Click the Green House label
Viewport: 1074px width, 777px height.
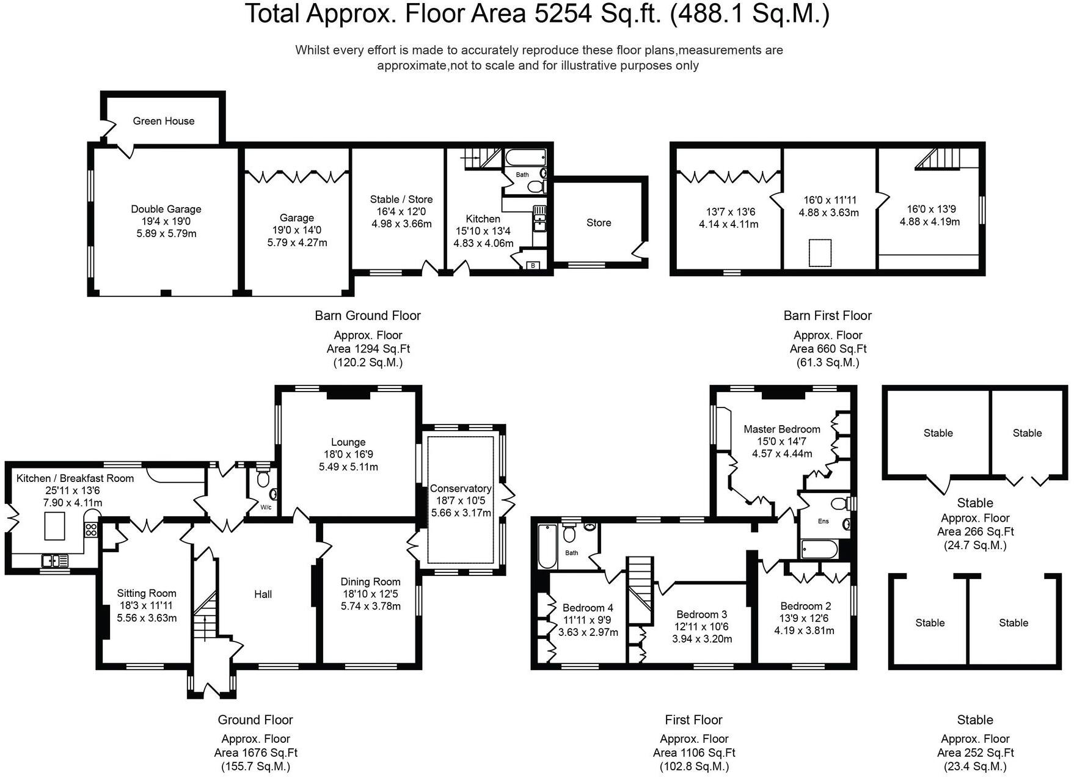pos(164,121)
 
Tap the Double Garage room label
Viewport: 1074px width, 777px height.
pos(166,209)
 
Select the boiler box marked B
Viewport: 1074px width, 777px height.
pos(533,266)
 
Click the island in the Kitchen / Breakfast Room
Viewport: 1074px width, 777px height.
pos(55,526)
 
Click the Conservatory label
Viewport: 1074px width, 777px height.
pos(461,489)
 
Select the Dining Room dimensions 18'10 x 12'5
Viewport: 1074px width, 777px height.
pos(370,594)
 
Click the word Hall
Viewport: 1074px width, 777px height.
pos(263,594)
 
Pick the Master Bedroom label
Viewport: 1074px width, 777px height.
pos(782,429)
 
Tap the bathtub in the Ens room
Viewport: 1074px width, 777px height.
pos(819,549)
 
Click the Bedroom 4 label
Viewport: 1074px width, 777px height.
pos(588,608)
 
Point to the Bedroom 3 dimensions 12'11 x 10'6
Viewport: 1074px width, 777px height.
pos(702,627)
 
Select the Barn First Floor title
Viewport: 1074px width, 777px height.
pos(827,316)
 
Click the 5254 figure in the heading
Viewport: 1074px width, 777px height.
pos(562,14)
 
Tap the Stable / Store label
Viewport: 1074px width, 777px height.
pos(401,199)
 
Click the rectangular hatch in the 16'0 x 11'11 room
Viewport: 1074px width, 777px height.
pos(820,253)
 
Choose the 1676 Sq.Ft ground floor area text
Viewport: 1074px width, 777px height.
pos(256,753)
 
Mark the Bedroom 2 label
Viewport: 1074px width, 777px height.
pos(805,606)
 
